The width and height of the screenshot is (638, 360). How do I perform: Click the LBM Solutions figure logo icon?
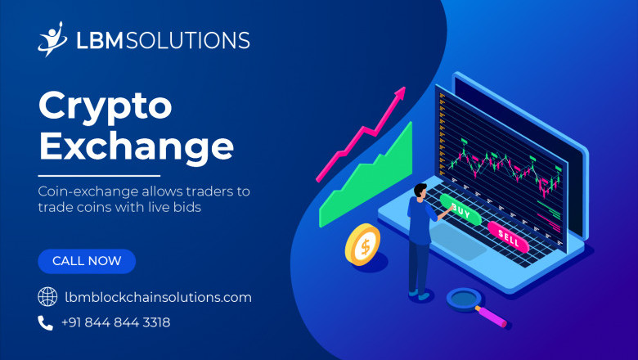52,38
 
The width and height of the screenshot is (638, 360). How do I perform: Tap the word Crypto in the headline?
106,106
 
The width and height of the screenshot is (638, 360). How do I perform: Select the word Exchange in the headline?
136,146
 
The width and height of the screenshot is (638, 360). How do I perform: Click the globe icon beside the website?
47,297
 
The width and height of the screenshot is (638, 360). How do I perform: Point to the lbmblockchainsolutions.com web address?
157,297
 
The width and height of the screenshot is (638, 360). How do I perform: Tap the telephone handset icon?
46,322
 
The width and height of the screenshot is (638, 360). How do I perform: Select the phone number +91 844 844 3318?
115,322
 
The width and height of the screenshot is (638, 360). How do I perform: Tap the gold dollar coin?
362,245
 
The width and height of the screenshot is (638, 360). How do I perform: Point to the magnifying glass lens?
464,296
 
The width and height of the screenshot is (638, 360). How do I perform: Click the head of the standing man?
420,191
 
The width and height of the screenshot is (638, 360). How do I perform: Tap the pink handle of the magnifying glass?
492,315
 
